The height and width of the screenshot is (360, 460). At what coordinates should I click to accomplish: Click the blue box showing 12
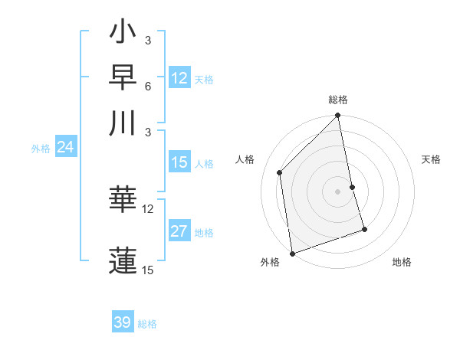point(179,78)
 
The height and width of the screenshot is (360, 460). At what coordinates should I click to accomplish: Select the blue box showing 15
point(179,162)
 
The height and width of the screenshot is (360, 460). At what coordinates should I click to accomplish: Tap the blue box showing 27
point(179,232)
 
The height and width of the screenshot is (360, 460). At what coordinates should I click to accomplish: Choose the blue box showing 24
point(65,147)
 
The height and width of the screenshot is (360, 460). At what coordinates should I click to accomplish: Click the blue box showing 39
point(123,322)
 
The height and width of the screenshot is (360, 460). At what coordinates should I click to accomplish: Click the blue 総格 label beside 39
point(147,324)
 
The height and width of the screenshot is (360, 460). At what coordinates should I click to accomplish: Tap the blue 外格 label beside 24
point(41,149)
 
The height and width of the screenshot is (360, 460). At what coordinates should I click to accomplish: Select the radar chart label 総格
point(338,100)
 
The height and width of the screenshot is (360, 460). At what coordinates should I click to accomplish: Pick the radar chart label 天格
point(431,159)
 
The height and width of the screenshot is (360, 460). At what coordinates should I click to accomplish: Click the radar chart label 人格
point(245,159)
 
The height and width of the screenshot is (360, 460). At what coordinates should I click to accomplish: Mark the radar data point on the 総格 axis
point(338,116)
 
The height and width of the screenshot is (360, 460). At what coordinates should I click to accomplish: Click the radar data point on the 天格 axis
point(353,187)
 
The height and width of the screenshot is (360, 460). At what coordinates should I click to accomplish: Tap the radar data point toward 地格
point(364,229)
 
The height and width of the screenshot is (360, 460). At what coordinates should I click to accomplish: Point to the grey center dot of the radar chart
point(338,191)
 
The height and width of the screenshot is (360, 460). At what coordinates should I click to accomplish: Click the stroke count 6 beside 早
point(147,86)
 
